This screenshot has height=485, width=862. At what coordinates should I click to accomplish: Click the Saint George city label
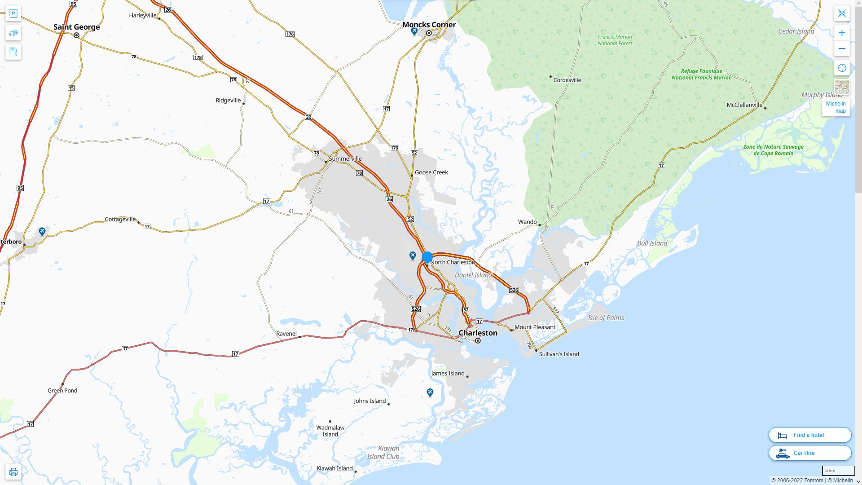coord(76,27)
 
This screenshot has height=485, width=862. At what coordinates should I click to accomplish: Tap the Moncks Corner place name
coord(429,25)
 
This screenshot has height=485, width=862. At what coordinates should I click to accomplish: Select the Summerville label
coord(345,159)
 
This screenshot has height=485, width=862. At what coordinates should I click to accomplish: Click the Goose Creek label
coord(431,172)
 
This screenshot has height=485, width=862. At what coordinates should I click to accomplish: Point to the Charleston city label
coord(478,333)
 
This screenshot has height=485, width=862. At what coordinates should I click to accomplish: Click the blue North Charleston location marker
coord(427,257)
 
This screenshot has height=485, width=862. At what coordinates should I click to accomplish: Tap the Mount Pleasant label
coord(535,327)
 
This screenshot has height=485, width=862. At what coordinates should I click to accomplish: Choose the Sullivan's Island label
coord(559,354)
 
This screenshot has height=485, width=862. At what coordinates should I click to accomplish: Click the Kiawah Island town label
coord(334,468)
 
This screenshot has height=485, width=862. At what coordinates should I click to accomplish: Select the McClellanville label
coord(744,105)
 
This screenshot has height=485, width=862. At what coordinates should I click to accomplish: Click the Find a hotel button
coord(809,435)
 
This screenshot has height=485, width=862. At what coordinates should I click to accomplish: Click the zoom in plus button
coord(842,33)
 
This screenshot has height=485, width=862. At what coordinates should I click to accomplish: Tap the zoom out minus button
coord(842,48)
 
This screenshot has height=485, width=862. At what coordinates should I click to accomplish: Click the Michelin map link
coord(836,107)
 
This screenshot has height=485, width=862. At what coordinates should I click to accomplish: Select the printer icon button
coord(13,472)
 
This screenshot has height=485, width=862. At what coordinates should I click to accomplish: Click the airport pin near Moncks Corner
coord(414,31)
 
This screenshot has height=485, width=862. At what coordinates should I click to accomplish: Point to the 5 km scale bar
coord(838,471)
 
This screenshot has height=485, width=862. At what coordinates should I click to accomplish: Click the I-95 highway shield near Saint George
coord(73,4)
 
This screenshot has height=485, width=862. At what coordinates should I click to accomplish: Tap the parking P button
coord(13,13)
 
